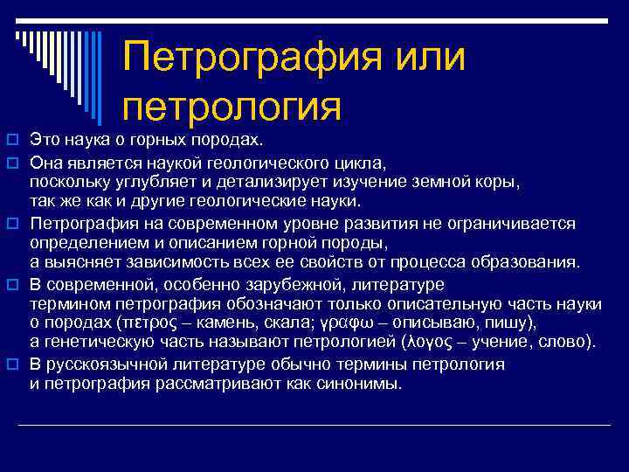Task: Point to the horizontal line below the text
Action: [x=314, y=426]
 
